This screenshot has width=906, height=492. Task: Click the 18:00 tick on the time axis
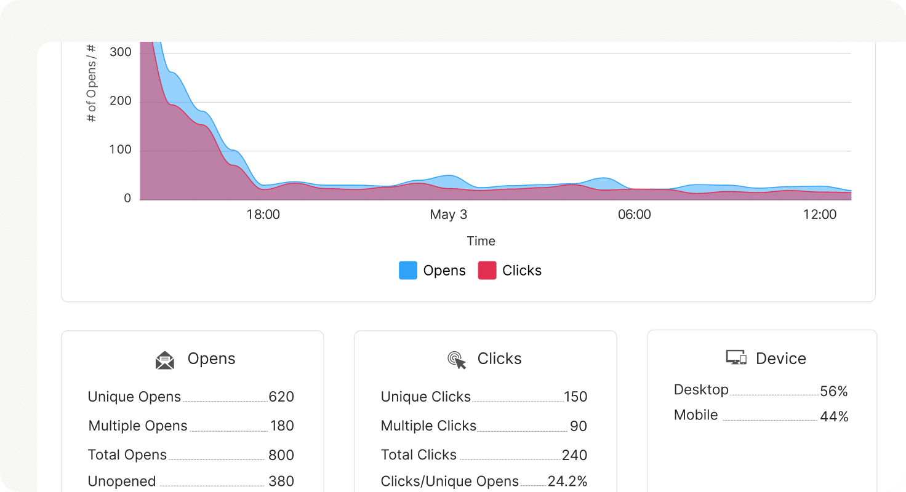tap(263, 215)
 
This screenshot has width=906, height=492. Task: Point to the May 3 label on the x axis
tap(448, 215)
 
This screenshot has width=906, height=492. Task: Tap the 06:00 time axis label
tap(634, 215)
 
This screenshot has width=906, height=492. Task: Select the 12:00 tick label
tap(820, 215)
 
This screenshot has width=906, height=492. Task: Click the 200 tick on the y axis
tap(121, 101)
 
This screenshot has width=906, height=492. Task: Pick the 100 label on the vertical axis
tap(121, 149)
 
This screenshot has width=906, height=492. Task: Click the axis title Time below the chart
tap(481, 241)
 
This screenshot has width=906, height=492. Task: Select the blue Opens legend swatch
tap(408, 271)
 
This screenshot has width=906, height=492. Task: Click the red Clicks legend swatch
tap(487, 271)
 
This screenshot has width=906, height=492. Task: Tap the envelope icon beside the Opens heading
tap(165, 360)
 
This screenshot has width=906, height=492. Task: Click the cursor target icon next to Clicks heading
tap(457, 360)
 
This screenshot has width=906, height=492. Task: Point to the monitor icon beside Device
tap(736, 358)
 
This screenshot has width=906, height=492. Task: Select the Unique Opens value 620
tap(281, 397)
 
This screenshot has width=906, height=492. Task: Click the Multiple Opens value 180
tap(282, 426)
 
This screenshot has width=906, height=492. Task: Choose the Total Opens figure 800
tap(281, 455)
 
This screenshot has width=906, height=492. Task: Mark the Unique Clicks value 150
tap(575, 397)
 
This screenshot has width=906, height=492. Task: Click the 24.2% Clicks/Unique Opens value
tap(567, 482)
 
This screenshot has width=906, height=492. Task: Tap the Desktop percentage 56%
tap(834, 391)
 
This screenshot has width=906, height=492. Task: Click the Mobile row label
tap(696, 415)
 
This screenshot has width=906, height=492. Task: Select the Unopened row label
tap(122, 482)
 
